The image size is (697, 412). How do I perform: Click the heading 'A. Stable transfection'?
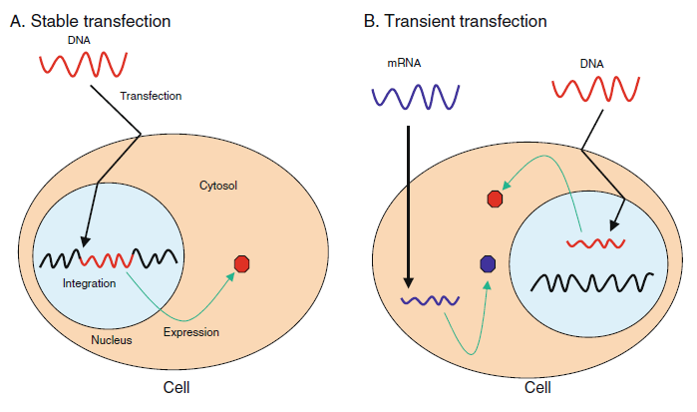(x=90, y=20)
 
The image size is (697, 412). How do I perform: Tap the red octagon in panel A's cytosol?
(x=240, y=264)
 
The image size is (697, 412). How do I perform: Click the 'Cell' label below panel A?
(x=175, y=387)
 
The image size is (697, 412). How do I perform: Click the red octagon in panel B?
(x=494, y=199)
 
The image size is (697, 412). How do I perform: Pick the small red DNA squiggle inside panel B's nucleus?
(x=595, y=242)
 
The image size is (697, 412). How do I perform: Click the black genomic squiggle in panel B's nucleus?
(x=592, y=281)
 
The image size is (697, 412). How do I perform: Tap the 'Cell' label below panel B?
(x=541, y=387)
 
